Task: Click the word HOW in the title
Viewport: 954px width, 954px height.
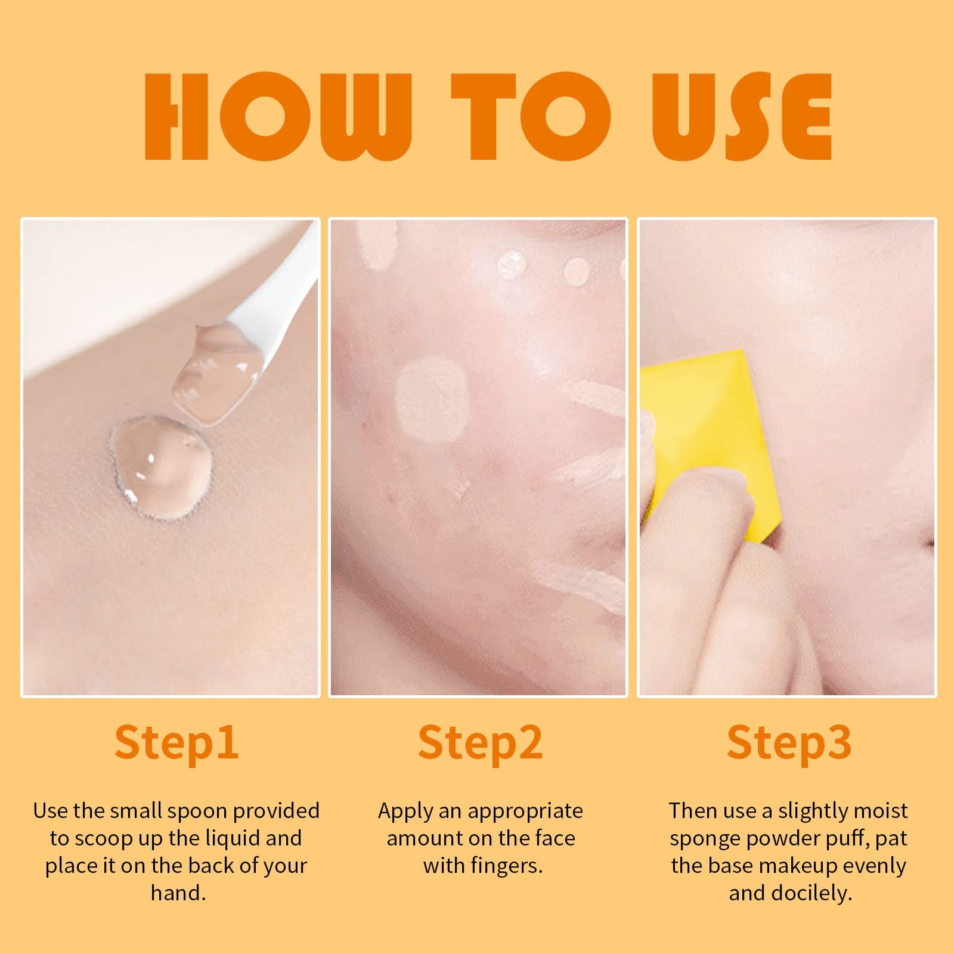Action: (278, 116)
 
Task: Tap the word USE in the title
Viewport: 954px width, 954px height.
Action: (742, 116)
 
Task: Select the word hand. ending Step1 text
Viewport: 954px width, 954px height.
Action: (178, 893)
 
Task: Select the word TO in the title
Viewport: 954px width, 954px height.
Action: (531, 116)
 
